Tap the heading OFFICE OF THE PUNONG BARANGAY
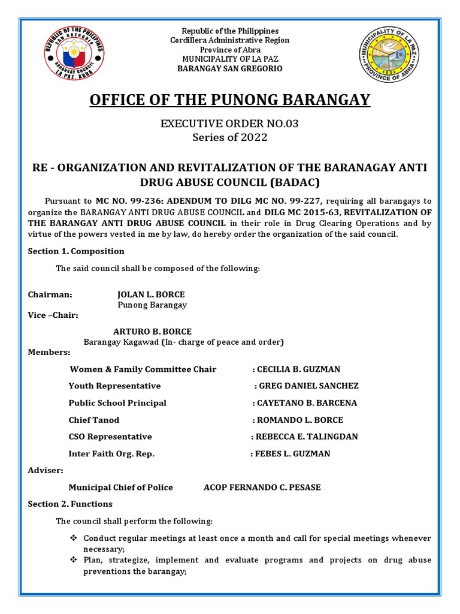[230, 99]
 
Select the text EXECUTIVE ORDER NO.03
[230, 124]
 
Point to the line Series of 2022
[230, 137]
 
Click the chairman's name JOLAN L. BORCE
[151, 294]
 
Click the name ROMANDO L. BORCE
[300, 420]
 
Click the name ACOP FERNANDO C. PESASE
[262, 487]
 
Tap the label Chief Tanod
[94, 420]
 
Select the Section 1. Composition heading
[76, 251]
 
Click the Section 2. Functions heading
[70, 504]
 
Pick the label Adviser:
[45, 471]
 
